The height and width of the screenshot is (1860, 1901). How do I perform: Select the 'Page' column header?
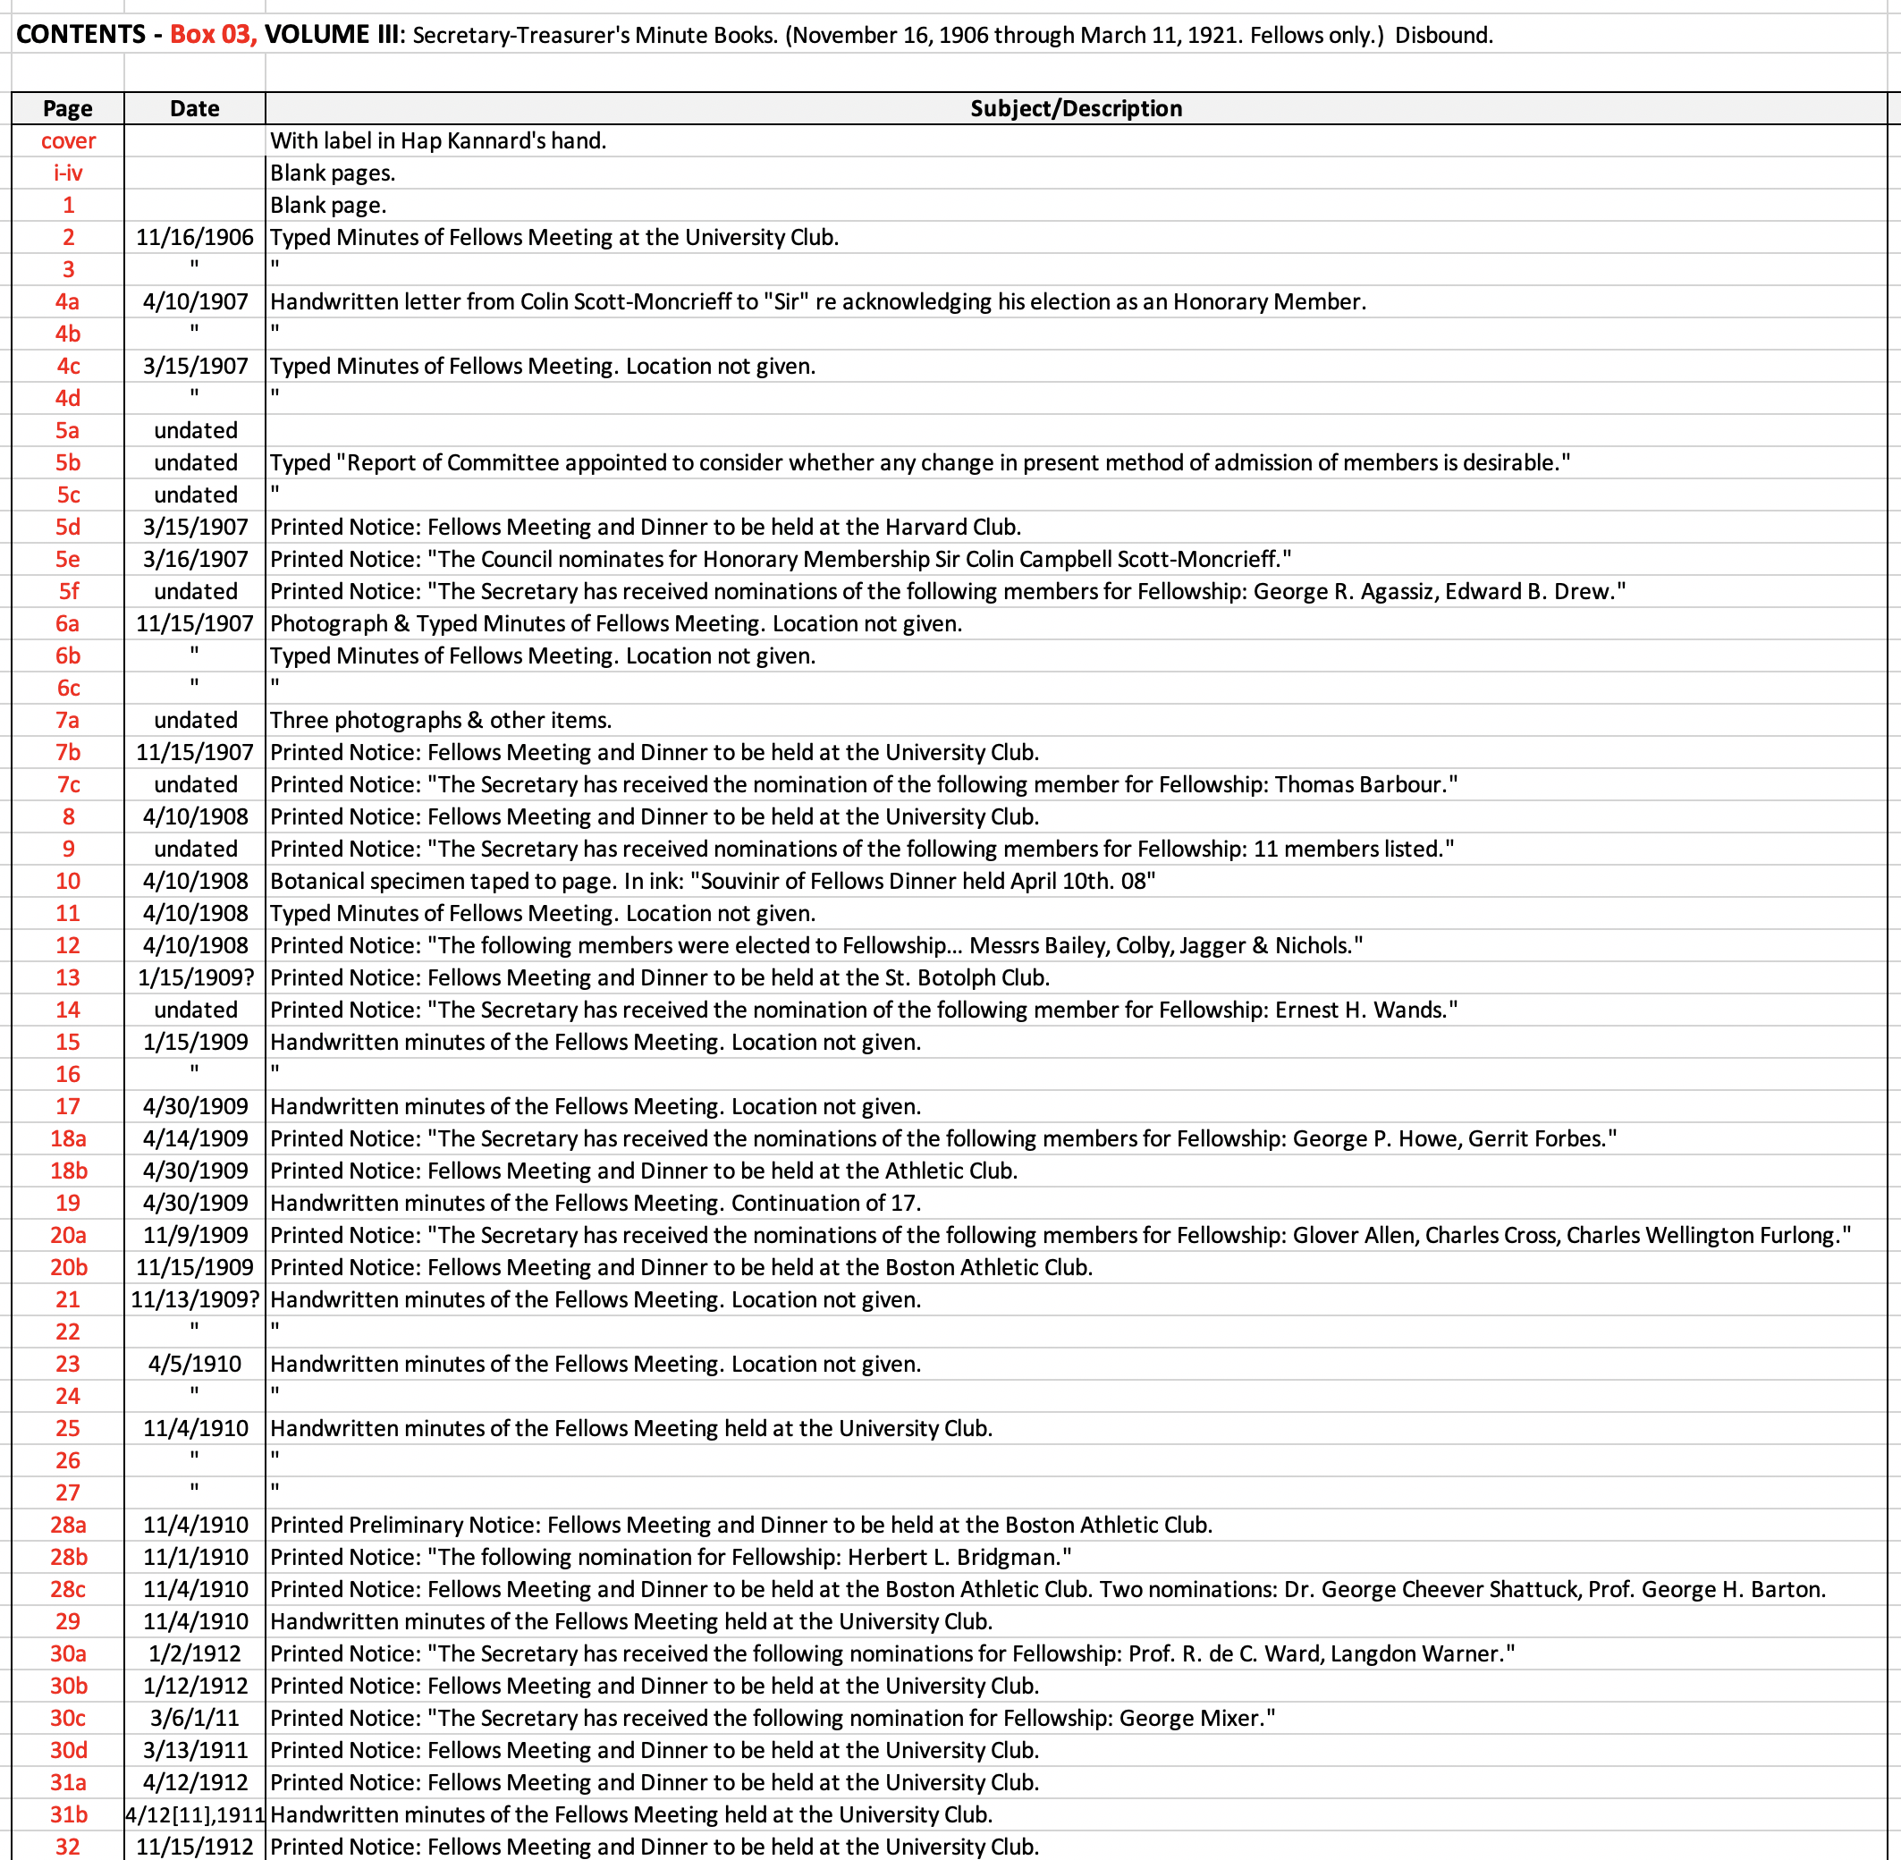[x=67, y=108]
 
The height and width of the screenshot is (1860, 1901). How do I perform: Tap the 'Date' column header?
[x=194, y=108]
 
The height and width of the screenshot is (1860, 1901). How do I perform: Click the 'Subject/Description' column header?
[x=1076, y=108]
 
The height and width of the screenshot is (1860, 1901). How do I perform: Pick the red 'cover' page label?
[x=67, y=140]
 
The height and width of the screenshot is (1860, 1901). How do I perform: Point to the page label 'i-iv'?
[x=67, y=173]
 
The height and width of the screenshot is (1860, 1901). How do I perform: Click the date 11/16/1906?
[x=194, y=237]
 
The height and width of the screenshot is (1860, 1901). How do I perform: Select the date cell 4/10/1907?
[x=194, y=302]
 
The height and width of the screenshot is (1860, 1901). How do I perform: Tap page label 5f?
[x=67, y=591]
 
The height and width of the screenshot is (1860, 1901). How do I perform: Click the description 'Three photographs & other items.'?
[x=441, y=720]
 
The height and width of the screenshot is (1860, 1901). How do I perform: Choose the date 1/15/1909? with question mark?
[x=194, y=978]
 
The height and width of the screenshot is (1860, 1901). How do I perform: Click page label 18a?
[x=67, y=1138]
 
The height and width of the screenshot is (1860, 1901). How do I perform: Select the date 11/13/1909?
[x=194, y=1299]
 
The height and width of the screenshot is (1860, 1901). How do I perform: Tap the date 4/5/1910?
[x=194, y=1364]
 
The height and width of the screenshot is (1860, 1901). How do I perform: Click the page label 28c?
[x=67, y=1589]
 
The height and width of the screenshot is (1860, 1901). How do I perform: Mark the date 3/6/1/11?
[x=194, y=1719]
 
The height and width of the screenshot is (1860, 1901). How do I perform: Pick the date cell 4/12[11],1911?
[x=194, y=1815]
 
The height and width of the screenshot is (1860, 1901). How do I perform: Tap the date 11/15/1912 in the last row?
[x=194, y=1847]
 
